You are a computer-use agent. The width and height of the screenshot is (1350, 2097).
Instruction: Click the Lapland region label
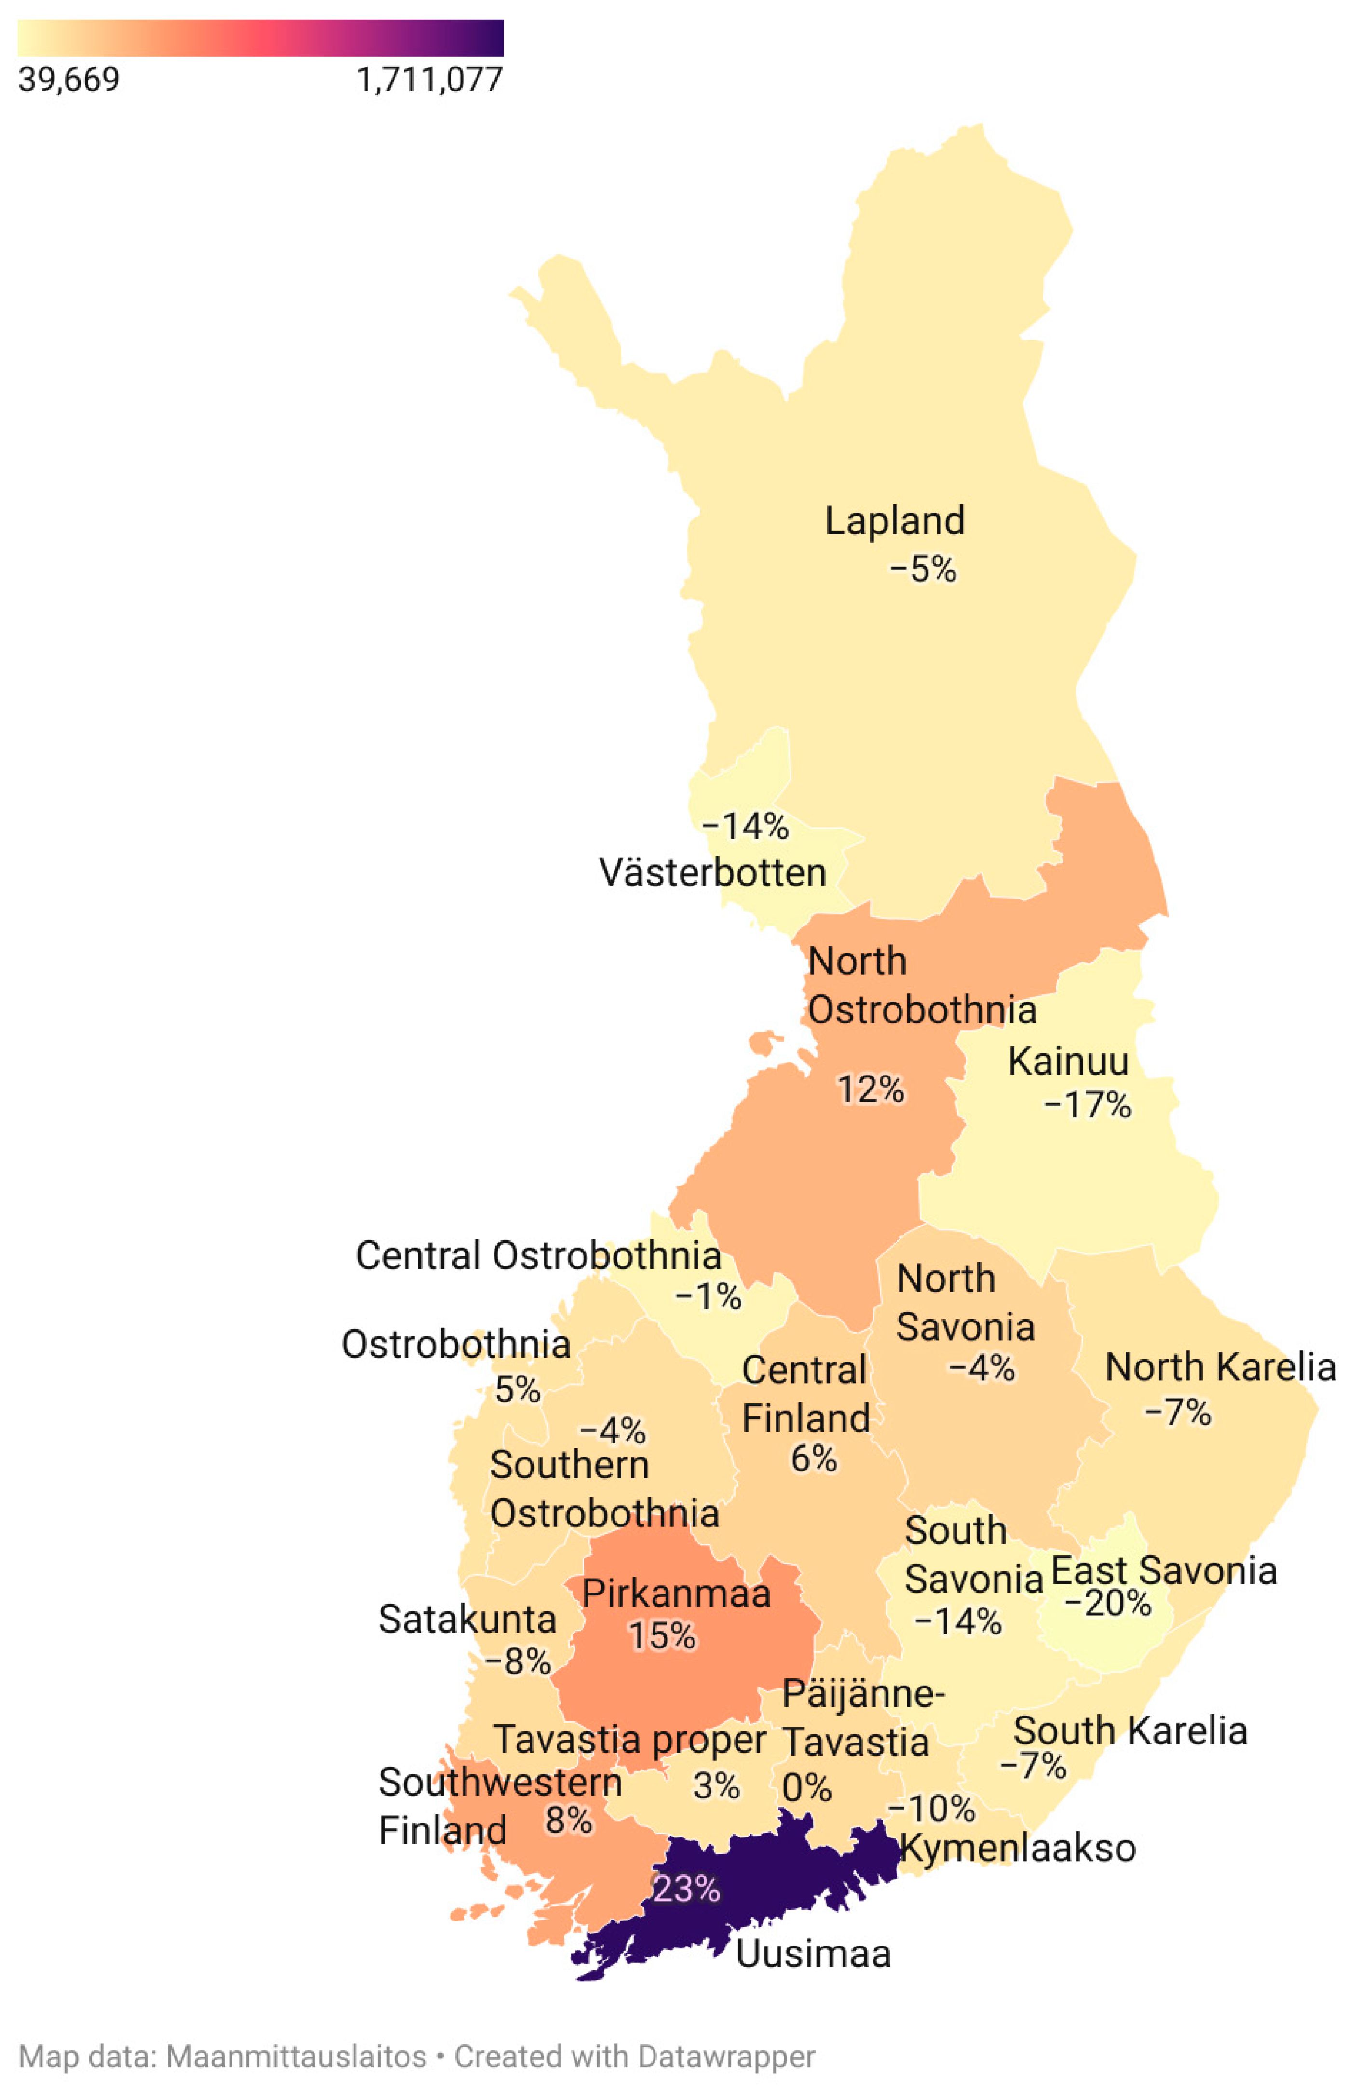point(894,521)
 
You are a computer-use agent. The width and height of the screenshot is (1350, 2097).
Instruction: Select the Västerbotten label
point(712,873)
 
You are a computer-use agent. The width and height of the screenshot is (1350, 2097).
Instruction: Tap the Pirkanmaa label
point(676,1593)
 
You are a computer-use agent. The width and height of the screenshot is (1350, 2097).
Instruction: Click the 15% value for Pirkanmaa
point(662,1636)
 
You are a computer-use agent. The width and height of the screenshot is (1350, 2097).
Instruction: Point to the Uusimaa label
point(813,1954)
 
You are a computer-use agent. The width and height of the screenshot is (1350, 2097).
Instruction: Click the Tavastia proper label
point(629,1740)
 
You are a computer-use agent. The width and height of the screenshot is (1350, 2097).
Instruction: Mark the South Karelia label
point(1130,1731)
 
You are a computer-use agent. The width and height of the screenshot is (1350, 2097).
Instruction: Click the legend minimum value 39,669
point(68,80)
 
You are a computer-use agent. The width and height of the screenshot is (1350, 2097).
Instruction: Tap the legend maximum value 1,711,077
point(430,80)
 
